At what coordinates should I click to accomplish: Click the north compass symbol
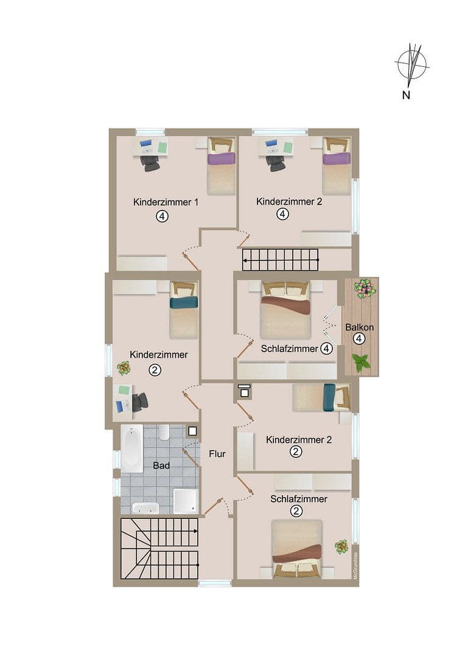[x=412, y=65]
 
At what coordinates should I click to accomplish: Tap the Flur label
[x=217, y=454]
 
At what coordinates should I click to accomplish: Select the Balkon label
[x=359, y=327]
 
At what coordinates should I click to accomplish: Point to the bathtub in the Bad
[x=131, y=449]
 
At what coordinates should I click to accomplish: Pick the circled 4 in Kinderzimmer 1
[x=161, y=216]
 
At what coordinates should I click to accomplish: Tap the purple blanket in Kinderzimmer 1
[x=221, y=159]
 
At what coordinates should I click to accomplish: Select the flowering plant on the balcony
[x=365, y=288]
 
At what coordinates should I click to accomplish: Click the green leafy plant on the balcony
[x=362, y=363]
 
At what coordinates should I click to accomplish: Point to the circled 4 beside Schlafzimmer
[x=327, y=349]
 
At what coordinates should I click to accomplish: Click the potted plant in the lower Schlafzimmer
[x=341, y=546]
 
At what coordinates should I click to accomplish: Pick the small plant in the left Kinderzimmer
[x=124, y=368]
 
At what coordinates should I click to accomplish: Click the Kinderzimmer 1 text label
[x=166, y=202]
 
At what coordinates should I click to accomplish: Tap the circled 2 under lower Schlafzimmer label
[x=296, y=511]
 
